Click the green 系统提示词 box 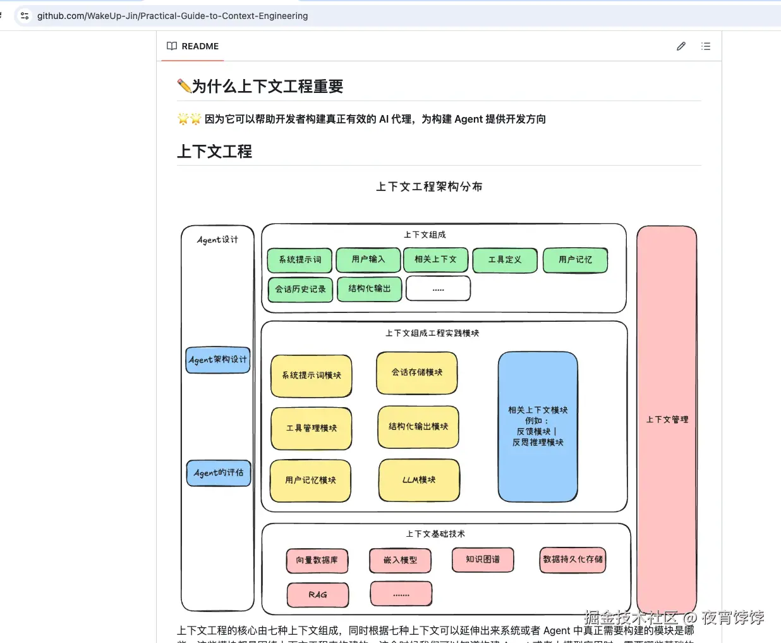(x=300, y=260)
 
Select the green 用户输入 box (x=368, y=259)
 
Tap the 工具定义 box (x=505, y=260)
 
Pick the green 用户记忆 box (x=575, y=260)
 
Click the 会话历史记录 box (x=300, y=290)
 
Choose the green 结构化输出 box (x=370, y=289)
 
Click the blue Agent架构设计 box (x=218, y=360)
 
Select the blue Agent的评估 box (x=219, y=473)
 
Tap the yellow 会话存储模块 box (x=417, y=372)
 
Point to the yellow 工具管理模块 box (x=312, y=428)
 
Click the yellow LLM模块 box (x=419, y=480)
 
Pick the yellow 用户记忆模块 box (x=310, y=481)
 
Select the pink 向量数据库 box (x=317, y=560)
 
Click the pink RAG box (x=318, y=595)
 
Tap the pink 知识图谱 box (x=483, y=560)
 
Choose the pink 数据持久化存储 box (x=573, y=560)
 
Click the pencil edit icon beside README (x=681, y=46)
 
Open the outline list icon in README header (x=706, y=46)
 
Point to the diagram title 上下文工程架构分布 (x=429, y=187)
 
